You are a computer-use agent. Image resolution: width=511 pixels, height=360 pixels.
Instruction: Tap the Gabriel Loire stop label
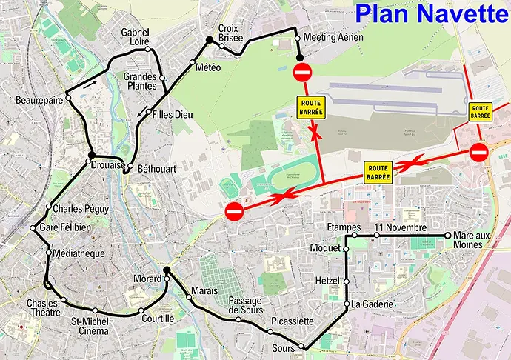point(136,37)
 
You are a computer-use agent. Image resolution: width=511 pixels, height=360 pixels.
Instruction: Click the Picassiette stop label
point(293,322)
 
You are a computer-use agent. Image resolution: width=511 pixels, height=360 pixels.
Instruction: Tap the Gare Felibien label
point(66,227)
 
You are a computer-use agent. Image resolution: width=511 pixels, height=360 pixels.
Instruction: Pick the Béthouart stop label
point(156,169)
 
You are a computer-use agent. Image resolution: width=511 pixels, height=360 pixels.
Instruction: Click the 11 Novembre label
point(401,227)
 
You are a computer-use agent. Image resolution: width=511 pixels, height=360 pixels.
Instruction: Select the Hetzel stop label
point(327,281)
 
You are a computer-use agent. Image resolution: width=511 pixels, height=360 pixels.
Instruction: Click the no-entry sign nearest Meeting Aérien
point(302,73)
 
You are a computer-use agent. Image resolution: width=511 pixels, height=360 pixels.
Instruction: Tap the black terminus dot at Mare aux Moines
point(448,236)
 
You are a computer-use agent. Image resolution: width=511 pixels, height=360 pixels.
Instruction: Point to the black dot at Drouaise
point(91,156)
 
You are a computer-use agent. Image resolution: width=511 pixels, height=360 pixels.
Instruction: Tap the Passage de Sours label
point(244,304)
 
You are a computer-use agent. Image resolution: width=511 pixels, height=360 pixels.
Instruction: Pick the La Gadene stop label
point(373,304)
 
